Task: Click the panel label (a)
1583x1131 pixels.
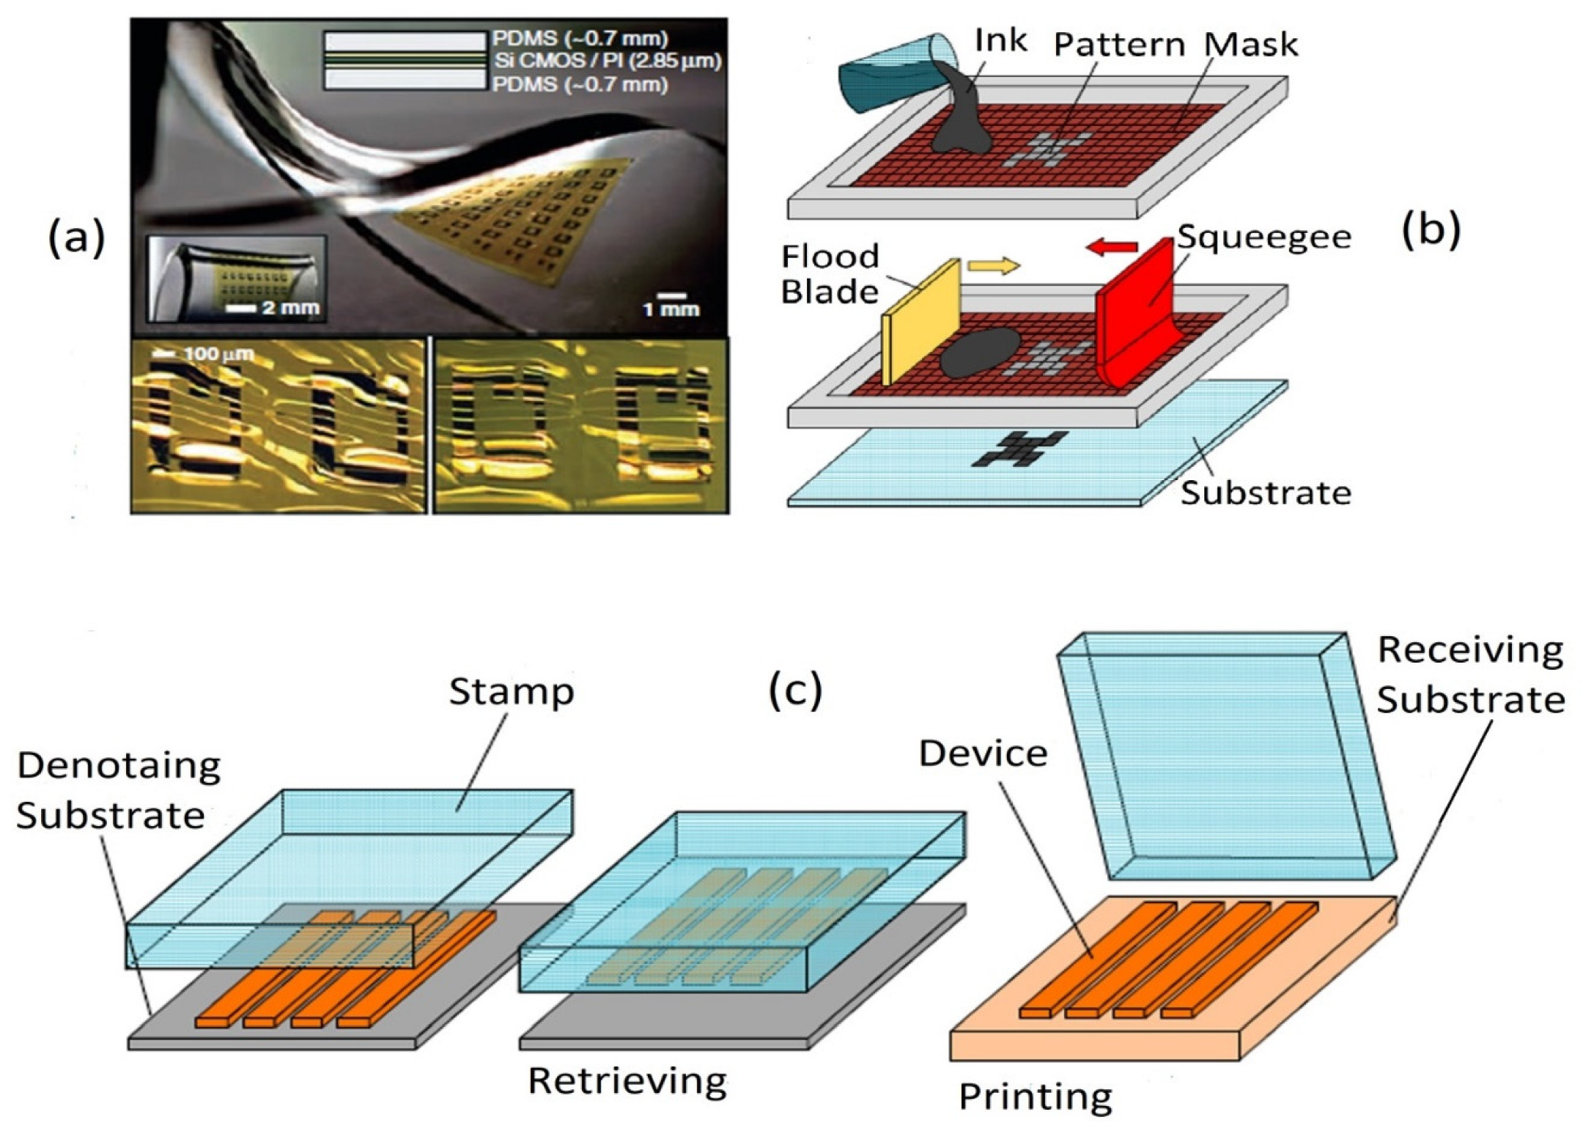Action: pos(77,237)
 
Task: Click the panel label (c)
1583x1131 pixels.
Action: pos(795,690)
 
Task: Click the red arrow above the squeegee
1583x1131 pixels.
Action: pos(1111,248)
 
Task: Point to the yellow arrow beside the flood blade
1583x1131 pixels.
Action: pos(993,265)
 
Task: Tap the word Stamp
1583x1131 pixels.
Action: pos(511,690)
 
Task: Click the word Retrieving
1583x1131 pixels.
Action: pos(627,1080)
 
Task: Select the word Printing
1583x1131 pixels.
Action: pos(1035,1097)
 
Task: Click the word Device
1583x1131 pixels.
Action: pos(983,753)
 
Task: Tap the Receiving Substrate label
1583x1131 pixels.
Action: pos(1470,674)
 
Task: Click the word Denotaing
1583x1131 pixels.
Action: pos(119,765)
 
